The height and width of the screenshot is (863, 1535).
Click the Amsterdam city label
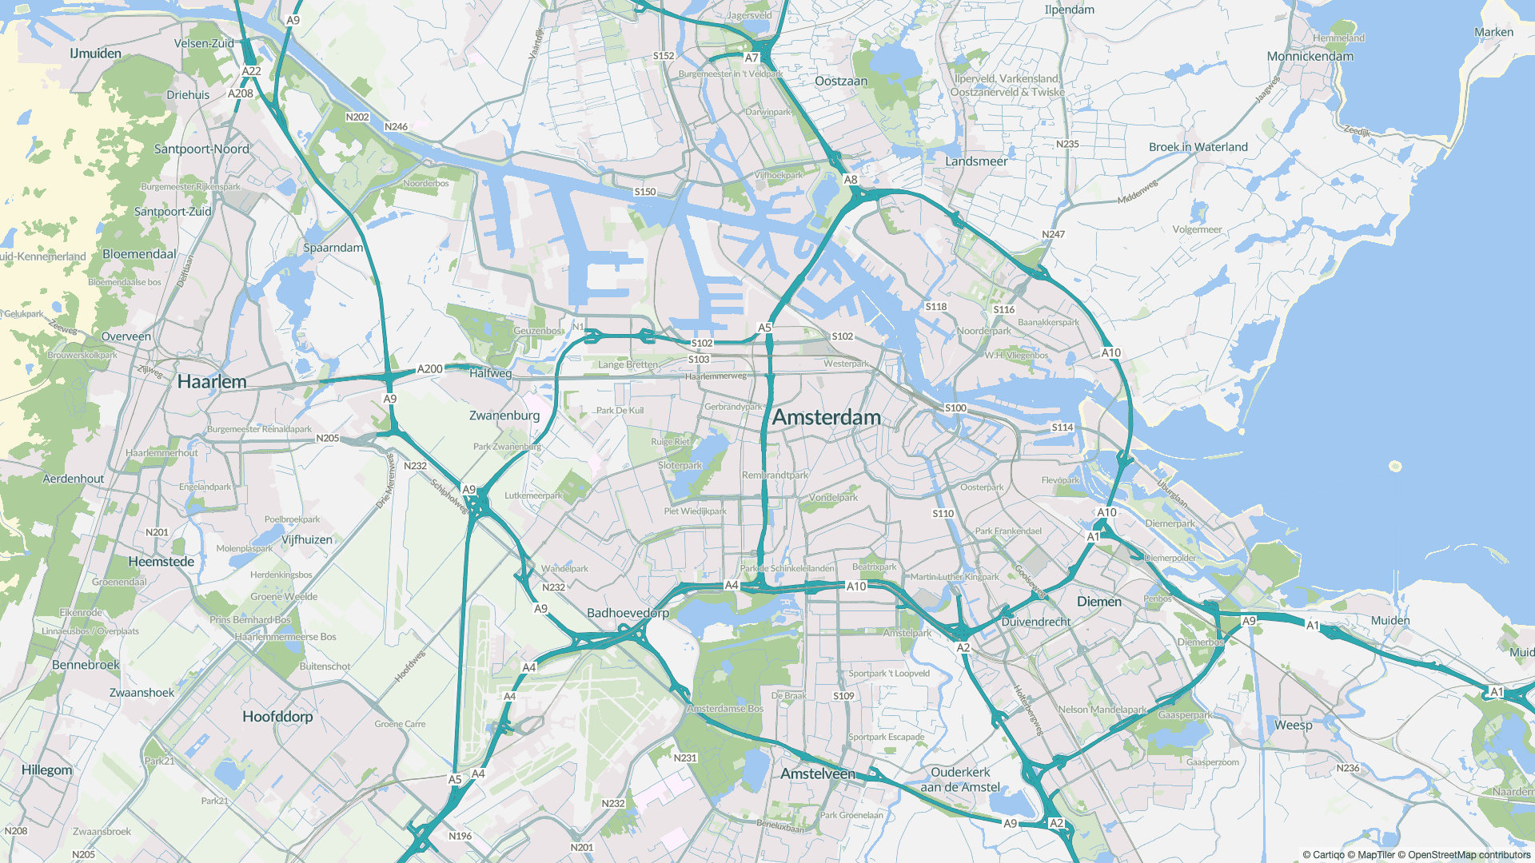click(x=827, y=417)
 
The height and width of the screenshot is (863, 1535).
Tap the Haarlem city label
click(x=212, y=382)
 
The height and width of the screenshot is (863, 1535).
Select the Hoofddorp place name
click(x=277, y=717)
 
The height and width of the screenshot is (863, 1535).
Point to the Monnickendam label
click(x=1310, y=57)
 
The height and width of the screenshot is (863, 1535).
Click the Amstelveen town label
click(x=818, y=774)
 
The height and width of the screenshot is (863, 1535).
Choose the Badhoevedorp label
click(x=628, y=613)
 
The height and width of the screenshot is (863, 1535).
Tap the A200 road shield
click(x=430, y=369)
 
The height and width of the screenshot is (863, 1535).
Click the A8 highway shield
click(x=851, y=180)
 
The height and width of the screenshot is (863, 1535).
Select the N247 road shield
click(x=1054, y=234)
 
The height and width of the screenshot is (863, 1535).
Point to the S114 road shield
click(x=1063, y=428)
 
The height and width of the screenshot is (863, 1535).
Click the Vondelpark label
click(x=833, y=497)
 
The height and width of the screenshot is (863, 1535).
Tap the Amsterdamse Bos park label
click(x=725, y=709)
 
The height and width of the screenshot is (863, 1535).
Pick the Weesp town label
click(x=1294, y=726)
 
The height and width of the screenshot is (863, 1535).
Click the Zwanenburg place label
click(x=504, y=416)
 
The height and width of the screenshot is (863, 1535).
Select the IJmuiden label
click(x=96, y=54)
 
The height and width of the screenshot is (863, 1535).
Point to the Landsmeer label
click(x=976, y=161)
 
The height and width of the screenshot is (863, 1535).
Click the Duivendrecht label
click(x=1036, y=622)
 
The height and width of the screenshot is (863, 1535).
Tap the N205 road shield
click(x=328, y=439)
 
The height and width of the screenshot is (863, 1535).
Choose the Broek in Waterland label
click(x=1198, y=147)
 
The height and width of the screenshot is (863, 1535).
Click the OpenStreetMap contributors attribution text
click(x=1469, y=855)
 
